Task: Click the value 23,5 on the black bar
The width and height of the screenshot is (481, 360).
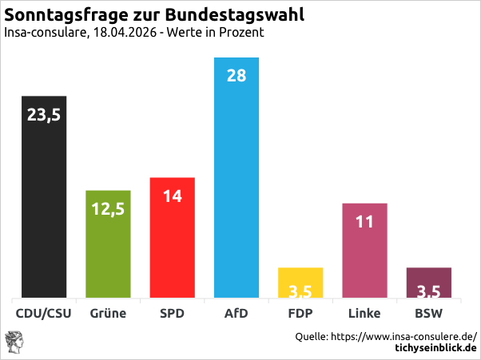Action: [x=44, y=115]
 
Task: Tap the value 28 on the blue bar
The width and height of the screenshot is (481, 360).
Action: [x=237, y=77]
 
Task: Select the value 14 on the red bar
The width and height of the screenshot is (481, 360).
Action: [x=173, y=196]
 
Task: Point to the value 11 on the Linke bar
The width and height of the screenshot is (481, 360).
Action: [x=364, y=222]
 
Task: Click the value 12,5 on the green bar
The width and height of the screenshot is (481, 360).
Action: [x=108, y=209]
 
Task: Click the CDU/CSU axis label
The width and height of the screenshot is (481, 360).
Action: [x=44, y=313]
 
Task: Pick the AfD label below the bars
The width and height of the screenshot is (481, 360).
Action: [x=237, y=313]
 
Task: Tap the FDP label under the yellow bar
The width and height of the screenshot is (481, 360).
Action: [x=300, y=313]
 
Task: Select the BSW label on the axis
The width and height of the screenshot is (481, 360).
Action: [x=429, y=313]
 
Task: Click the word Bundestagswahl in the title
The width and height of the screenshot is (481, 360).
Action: [x=237, y=15]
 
